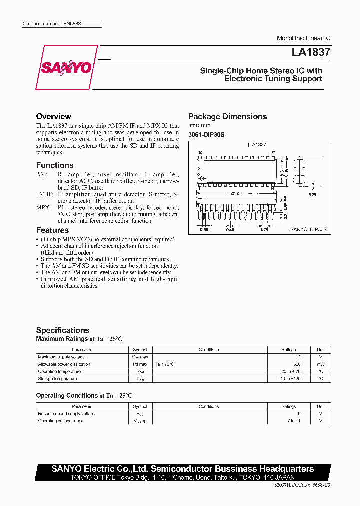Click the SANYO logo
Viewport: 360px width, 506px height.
point(66,68)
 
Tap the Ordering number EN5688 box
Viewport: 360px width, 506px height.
point(62,24)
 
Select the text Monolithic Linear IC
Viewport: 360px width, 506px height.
point(303,38)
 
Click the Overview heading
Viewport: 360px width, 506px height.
point(53,116)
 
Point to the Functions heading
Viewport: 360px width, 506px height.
point(55,165)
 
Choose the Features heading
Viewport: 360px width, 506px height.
point(52,230)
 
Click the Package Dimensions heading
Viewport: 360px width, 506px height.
point(227,116)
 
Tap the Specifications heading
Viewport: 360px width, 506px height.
point(63,330)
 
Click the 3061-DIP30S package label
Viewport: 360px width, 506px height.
point(206,135)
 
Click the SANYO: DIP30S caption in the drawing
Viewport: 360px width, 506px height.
point(308,229)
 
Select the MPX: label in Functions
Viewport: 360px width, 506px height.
point(43,207)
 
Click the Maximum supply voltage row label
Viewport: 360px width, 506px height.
point(61,357)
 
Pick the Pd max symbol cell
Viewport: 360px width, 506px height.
point(140,364)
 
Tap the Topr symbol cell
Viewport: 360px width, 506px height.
point(140,372)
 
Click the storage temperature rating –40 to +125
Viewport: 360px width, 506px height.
point(288,379)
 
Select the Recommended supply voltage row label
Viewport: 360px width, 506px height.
point(66,414)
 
